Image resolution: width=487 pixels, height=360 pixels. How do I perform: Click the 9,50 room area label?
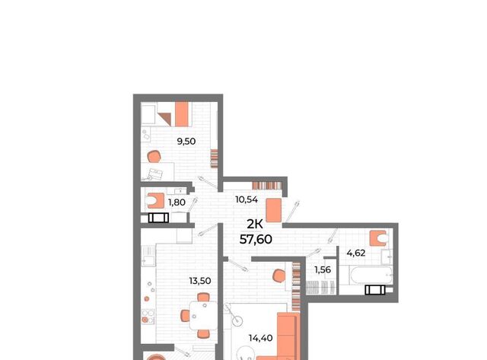(186, 142)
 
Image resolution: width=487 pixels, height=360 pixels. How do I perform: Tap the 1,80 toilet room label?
(177, 202)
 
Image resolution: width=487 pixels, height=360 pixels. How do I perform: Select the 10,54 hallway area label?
(247, 199)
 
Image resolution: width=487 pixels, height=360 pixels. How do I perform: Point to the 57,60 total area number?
(256, 239)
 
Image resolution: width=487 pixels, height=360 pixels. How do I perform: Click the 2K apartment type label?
(255, 224)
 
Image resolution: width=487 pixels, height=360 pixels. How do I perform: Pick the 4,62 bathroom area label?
(356, 253)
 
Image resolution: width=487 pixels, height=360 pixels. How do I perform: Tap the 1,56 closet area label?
(323, 269)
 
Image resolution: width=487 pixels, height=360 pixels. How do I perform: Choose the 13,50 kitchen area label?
(200, 281)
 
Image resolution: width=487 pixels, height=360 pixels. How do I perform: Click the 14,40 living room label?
(260, 338)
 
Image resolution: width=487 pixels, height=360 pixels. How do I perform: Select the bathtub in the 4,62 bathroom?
(371, 275)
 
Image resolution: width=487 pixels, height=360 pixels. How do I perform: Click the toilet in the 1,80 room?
(155, 201)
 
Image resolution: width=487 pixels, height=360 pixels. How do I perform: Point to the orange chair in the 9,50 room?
(154, 157)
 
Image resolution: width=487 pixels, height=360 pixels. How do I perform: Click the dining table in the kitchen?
(203, 316)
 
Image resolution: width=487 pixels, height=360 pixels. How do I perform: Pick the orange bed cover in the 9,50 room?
(182, 114)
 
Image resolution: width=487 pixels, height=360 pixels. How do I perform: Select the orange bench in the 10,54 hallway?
(274, 211)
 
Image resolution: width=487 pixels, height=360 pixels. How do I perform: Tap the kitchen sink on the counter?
(148, 255)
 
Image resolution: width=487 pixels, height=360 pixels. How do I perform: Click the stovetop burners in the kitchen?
(148, 316)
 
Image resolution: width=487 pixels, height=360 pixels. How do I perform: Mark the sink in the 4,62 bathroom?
(387, 257)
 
